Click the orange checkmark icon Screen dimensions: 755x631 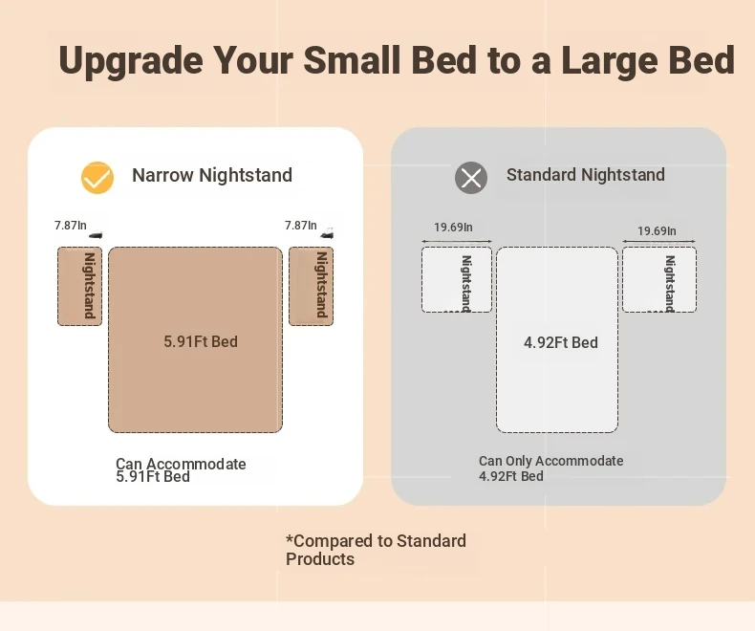97,178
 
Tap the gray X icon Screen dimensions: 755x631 471,178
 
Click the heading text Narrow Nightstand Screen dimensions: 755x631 212,175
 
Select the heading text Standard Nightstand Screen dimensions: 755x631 586,175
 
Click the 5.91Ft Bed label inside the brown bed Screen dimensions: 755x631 201,341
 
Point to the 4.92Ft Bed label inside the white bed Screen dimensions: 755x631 561,342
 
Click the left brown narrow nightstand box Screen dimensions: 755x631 80,287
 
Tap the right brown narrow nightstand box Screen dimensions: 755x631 311,287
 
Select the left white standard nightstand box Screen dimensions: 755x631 457,280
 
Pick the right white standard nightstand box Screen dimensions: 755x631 659,280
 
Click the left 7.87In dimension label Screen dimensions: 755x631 71,226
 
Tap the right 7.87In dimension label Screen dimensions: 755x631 300,226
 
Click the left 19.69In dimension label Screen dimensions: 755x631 453,228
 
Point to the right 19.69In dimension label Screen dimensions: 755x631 657,231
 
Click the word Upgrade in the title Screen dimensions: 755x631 131,61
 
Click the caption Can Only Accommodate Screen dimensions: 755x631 550,461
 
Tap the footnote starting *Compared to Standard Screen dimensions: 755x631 376,550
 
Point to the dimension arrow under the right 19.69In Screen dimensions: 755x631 658,241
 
